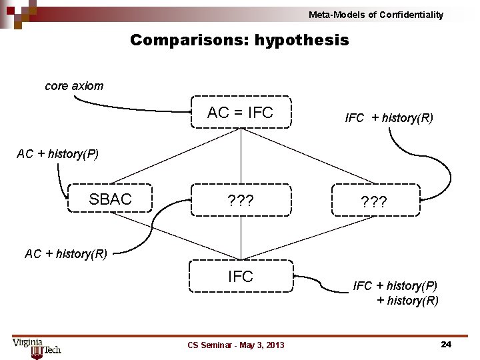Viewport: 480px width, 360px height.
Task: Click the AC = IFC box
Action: tap(241, 113)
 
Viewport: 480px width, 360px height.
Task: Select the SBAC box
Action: tap(110, 199)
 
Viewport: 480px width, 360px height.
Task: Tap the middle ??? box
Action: tap(241, 200)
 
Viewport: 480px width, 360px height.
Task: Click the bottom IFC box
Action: tap(241, 276)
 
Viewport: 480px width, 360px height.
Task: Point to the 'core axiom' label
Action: tap(74, 86)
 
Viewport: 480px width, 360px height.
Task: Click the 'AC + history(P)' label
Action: tap(57, 154)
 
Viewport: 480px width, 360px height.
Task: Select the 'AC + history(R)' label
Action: tap(66, 253)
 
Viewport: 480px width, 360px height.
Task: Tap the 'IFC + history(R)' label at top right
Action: tap(389, 118)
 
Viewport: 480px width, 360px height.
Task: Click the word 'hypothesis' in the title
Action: tap(301, 40)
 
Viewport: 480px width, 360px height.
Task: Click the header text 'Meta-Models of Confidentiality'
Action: tap(375, 15)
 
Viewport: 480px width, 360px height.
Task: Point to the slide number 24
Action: tap(446, 344)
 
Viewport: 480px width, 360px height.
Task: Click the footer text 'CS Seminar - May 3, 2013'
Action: tap(236, 345)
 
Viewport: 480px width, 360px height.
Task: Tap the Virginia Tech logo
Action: tap(37, 346)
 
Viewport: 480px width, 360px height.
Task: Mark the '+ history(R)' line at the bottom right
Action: tap(407, 301)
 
